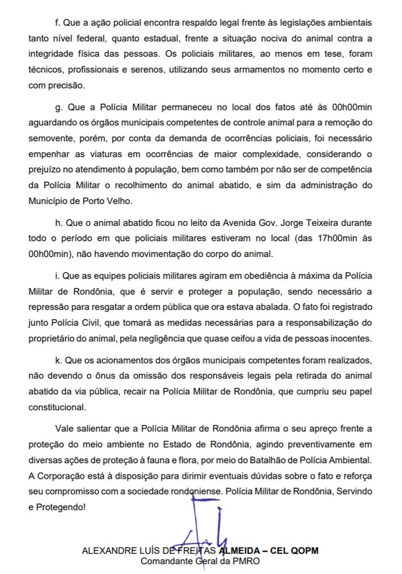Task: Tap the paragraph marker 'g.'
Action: click(59, 108)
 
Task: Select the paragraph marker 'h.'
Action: click(58, 223)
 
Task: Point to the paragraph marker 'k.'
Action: click(58, 360)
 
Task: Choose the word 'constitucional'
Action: click(57, 407)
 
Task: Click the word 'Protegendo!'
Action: click(61, 507)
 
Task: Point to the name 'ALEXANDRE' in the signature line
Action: click(108, 551)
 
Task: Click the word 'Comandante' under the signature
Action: click(164, 561)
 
